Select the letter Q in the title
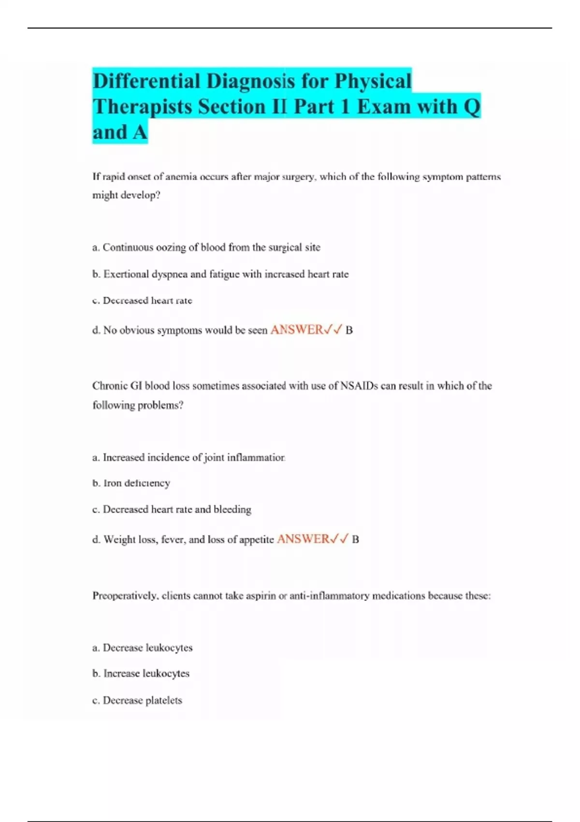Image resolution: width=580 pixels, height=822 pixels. click(472, 107)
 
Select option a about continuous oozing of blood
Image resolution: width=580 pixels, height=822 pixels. click(206, 248)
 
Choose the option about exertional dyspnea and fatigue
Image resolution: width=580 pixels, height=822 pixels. click(220, 274)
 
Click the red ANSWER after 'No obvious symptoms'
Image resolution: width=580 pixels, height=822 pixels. click(297, 330)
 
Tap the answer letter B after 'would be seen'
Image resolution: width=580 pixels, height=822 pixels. click(349, 330)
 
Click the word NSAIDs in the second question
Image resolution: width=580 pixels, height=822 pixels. click(359, 386)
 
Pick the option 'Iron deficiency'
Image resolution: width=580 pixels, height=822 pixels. click(131, 483)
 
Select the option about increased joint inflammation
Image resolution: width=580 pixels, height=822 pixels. click(189, 457)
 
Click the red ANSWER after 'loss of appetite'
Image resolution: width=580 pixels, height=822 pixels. click(303, 539)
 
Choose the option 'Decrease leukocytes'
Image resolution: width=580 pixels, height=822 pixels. click(143, 647)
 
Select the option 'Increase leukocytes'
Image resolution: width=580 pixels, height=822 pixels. click(141, 673)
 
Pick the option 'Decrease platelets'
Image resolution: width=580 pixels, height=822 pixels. click(137, 700)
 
